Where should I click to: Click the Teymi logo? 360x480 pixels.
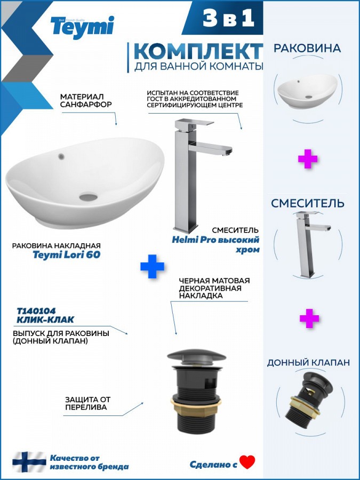[x=82, y=27]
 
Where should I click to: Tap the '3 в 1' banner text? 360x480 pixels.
[x=229, y=18]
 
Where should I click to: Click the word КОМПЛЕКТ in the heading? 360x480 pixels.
[x=198, y=51]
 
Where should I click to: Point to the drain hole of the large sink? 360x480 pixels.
[x=89, y=196]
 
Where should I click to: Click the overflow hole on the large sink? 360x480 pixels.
[x=61, y=156]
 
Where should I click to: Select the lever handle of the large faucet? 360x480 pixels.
[x=194, y=123]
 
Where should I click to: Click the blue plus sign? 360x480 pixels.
[x=152, y=266]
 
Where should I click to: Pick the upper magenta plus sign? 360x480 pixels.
[x=308, y=158]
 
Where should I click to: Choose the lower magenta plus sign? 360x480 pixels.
[x=309, y=318]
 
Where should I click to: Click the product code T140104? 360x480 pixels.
[x=36, y=311]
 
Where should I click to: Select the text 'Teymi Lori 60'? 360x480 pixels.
[x=67, y=255]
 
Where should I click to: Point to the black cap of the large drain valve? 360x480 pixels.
[x=196, y=356]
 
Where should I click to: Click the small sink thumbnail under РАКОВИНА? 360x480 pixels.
[x=307, y=91]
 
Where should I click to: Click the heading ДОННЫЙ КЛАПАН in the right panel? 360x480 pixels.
[x=308, y=363]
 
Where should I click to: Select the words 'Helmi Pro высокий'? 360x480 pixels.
[x=215, y=239]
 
